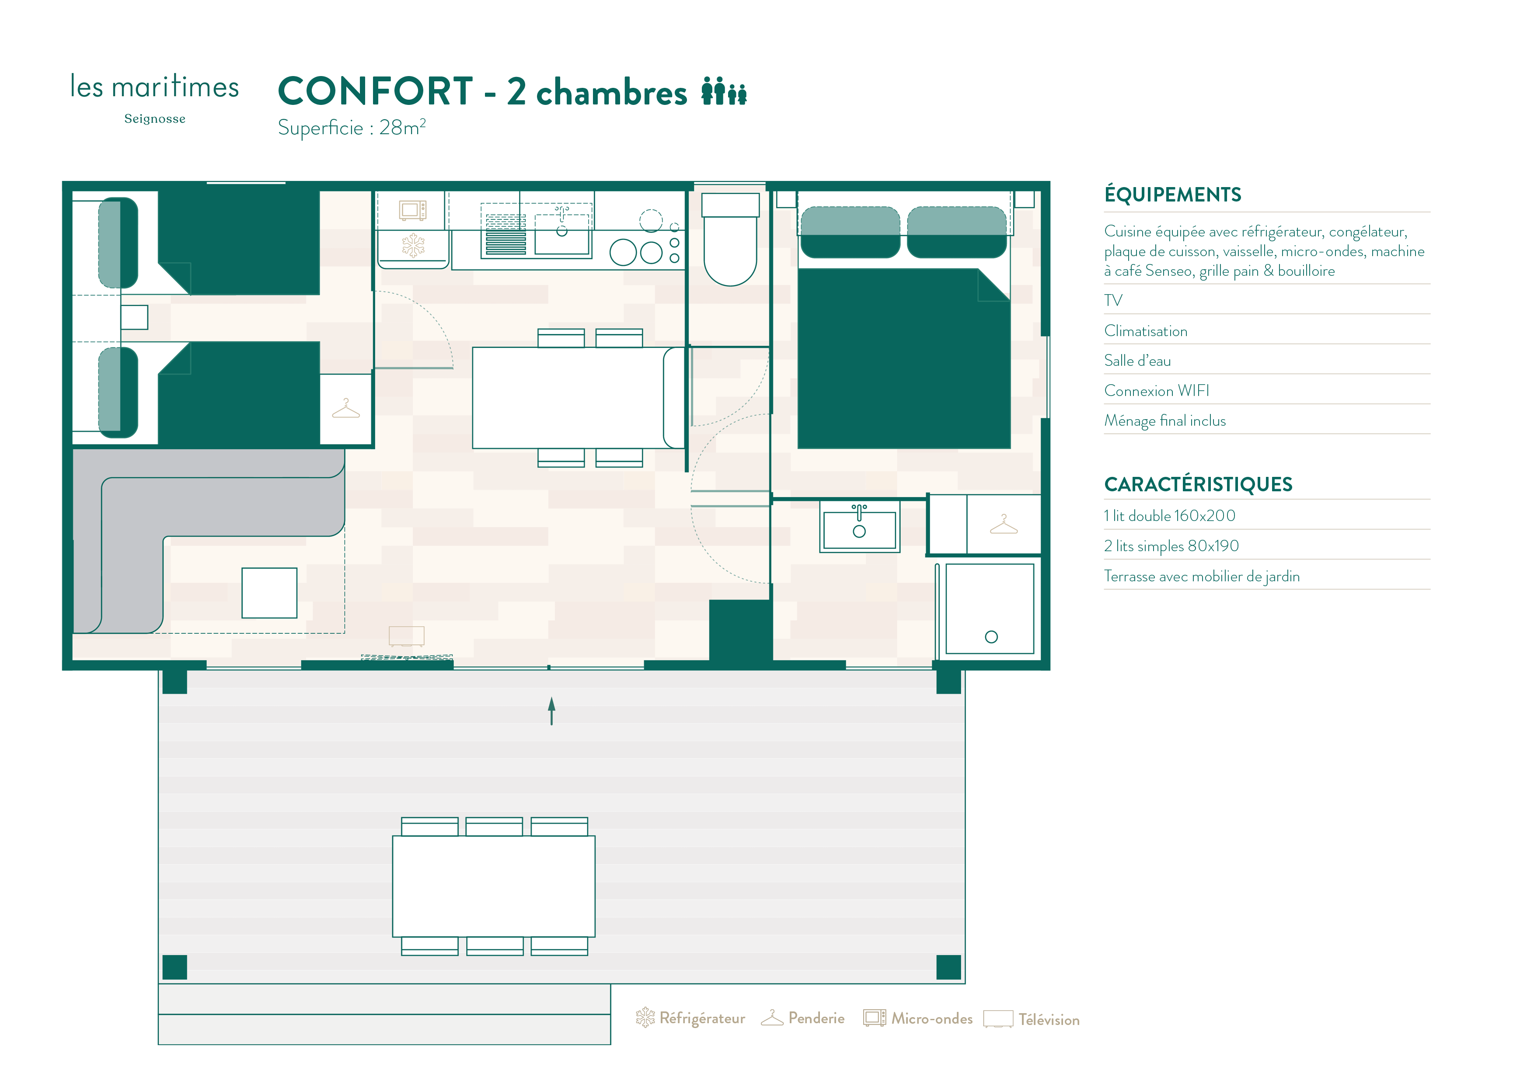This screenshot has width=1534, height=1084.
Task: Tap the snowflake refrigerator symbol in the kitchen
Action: pyautogui.click(x=413, y=245)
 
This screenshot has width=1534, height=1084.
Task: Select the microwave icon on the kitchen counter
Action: pyautogui.click(x=412, y=210)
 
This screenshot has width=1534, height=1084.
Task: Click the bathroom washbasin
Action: pyautogui.click(x=859, y=528)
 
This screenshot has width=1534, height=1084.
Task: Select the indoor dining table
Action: pyautogui.click(x=579, y=397)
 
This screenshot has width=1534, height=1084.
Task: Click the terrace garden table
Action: pyautogui.click(x=494, y=886)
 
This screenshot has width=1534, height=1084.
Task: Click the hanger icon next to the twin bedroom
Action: pyautogui.click(x=345, y=408)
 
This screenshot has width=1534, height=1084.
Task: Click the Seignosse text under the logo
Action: pyautogui.click(x=155, y=119)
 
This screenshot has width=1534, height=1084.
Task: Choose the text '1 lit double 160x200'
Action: pyautogui.click(x=1169, y=516)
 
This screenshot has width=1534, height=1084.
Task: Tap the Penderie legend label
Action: pyautogui.click(x=816, y=1018)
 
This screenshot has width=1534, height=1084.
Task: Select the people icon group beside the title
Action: pyautogui.click(x=724, y=91)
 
